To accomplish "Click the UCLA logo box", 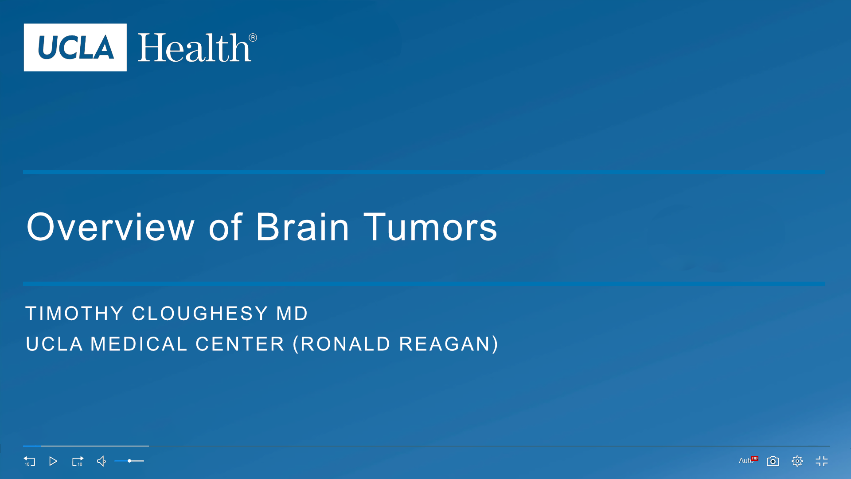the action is tap(75, 47).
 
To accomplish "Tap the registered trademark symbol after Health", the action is tap(253, 38).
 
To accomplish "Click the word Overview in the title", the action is tap(110, 227).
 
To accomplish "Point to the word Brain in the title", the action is tap(303, 227).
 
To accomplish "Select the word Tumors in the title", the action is tap(430, 227).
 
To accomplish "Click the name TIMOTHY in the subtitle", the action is tap(74, 314).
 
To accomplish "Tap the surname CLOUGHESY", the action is tap(200, 314).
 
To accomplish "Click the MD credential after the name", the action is tap(292, 314).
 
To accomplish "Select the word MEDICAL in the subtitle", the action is tap(139, 344).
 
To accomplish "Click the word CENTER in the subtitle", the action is tap(240, 344).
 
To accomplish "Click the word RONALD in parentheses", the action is tap(346, 344).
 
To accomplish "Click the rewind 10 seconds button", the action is tap(29, 461).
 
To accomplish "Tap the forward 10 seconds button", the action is tap(78, 461).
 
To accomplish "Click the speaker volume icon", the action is tap(101, 461).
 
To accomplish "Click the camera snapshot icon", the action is tap(773, 461).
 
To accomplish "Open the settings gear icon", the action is tap(797, 461).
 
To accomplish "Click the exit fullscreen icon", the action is tap(822, 461).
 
